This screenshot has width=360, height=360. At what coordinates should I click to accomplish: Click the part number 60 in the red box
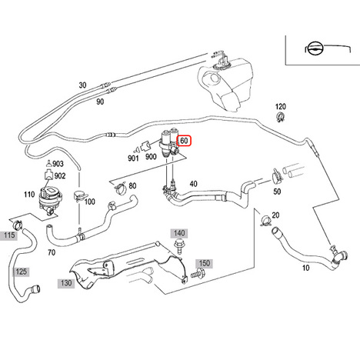tap(184, 141)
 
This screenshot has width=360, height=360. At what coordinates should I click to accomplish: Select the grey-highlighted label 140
tap(179, 233)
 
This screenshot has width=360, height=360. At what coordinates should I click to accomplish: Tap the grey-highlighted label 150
tap(205, 263)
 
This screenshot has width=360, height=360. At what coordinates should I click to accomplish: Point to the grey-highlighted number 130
tap(66, 283)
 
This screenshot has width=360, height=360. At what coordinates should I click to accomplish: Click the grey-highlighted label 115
tap(8, 235)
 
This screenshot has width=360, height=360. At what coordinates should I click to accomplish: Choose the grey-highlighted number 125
tap(21, 272)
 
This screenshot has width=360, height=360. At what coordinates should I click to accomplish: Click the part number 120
tap(281, 107)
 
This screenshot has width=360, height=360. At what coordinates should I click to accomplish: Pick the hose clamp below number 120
tap(281, 117)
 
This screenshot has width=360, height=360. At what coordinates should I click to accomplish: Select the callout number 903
tap(58, 164)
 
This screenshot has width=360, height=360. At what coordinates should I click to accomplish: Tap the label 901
tap(133, 158)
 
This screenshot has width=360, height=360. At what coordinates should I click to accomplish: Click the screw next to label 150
tap(198, 274)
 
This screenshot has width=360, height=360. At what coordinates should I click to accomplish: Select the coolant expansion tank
tap(225, 82)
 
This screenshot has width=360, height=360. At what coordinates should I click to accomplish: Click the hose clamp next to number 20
tap(265, 221)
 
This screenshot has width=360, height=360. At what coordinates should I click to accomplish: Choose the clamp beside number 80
tap(120, 188)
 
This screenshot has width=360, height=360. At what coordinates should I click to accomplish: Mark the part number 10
tap(305, 268)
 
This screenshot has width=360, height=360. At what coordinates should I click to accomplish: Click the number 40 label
tap(193, 184)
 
